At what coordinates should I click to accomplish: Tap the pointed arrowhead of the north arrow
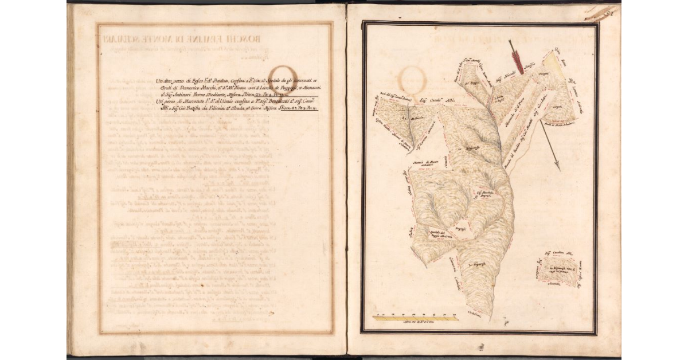coord(558,167)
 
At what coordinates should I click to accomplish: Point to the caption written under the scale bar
coord(415,324)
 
